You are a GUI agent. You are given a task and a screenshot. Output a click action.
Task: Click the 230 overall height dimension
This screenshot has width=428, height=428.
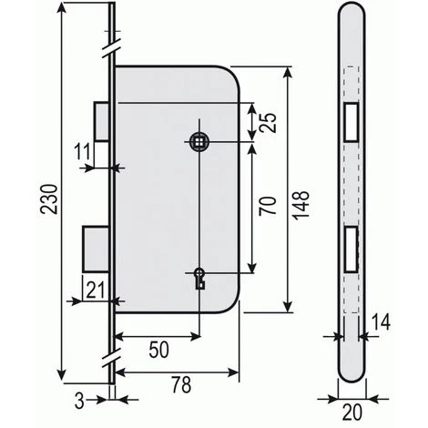[x=50, y=199]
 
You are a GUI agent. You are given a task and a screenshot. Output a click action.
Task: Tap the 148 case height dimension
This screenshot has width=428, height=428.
[x=301, y=205]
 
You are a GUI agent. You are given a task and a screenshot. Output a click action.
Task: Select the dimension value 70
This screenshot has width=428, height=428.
[x=268, y=206]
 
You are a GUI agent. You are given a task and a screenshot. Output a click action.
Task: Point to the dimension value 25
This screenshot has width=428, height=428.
[x=268, y=123]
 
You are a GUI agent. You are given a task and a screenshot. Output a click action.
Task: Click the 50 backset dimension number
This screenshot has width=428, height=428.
[x=159, y=350]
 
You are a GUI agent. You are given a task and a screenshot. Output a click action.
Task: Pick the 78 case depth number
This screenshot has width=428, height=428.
[x=181, y=384]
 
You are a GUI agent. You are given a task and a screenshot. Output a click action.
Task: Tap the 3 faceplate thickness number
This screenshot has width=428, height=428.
[x=79, y=401]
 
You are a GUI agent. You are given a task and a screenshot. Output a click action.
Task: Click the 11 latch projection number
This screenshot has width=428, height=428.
[x=83, y=152]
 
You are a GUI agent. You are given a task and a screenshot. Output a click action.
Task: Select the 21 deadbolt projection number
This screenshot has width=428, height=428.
[x=96, y=290]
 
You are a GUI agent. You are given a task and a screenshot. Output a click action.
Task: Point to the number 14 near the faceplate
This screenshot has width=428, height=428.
[x=381, y=322]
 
